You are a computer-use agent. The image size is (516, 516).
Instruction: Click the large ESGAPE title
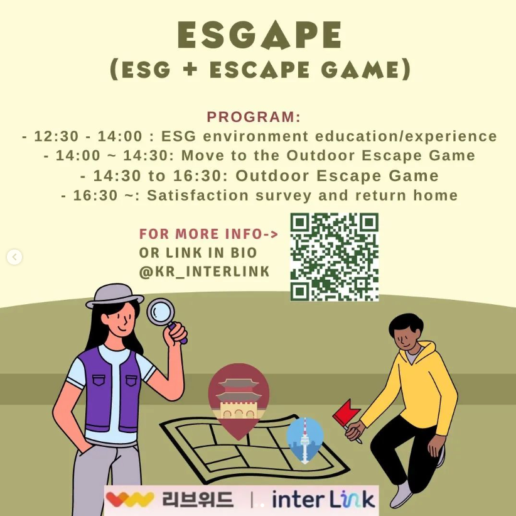coord(260,35)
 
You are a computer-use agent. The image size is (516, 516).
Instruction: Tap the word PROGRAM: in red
coord(254,117)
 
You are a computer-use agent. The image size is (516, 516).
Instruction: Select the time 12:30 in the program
coord(56,136)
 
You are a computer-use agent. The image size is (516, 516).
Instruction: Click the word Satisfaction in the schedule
coord(198,195)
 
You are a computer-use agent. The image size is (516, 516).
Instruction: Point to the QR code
coord(335,257)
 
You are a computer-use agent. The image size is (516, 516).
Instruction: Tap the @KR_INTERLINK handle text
coord(205,272)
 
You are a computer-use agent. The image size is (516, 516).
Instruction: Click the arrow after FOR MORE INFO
coord(271,234)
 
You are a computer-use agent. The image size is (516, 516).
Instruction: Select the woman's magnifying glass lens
coord(161,311)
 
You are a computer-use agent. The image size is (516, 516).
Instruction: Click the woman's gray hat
coord(115,295)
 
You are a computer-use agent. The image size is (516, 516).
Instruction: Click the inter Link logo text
coord(323,499)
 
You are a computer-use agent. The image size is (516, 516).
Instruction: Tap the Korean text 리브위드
coord(198,499)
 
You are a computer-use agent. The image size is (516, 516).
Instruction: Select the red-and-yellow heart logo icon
coord(130,499)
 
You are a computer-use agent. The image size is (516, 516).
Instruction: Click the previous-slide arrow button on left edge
coord(14,257)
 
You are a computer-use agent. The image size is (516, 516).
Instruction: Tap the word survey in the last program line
coord(283,195)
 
